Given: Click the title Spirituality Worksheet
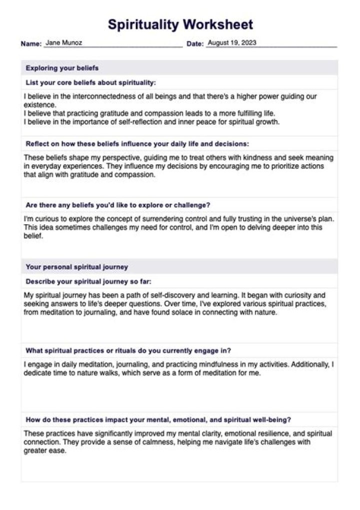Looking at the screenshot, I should click(180, 24).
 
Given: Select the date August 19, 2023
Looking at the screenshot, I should click(231, 43).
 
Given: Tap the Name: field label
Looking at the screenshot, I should click(31, 44).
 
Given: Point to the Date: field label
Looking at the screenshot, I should click(195, 44).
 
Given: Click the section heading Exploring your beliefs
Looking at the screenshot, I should click(62, 68).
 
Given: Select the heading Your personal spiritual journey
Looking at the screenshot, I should click(76, 267).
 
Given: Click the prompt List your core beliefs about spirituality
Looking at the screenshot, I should click(90, 83).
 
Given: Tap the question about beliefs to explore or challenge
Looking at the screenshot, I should click(117, 205).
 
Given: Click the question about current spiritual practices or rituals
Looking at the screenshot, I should click(128, 350).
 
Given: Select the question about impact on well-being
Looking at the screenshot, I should click(158, 419).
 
